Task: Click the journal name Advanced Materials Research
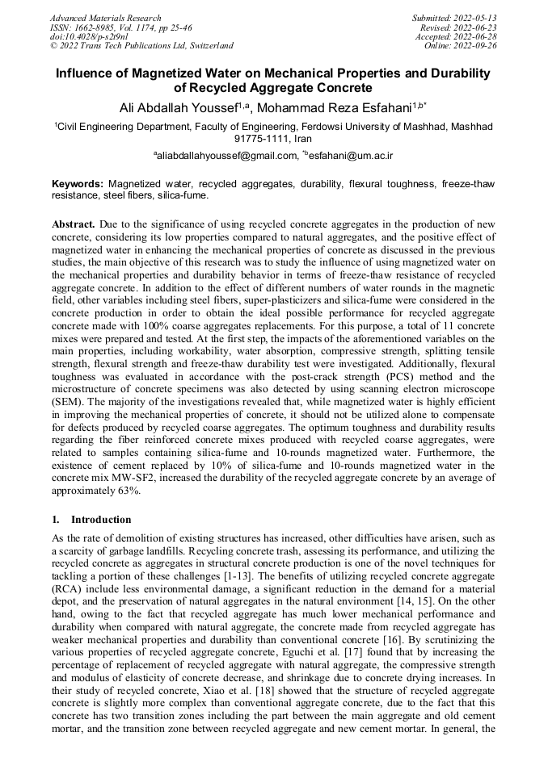pos(105,18)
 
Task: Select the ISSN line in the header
pos(120,27)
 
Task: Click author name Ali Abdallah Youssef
pos(183,107)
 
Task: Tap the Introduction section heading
pos(101,520)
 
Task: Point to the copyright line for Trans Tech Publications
pos(141,46)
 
